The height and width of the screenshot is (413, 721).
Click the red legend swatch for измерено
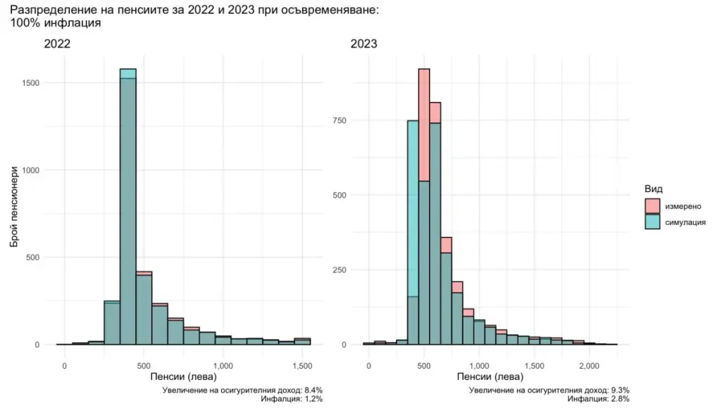point(653,205)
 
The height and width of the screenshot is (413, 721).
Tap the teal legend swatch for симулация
point(653,222)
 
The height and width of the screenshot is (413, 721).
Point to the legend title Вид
point(653,189)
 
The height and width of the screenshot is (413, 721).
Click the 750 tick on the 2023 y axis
point(340,121)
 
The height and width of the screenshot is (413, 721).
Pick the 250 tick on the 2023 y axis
point(340,270)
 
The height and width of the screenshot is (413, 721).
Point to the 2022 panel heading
point(57,44)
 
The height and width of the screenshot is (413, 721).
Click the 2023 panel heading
point(364,44)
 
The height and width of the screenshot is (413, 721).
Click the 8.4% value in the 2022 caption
point(311,390)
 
